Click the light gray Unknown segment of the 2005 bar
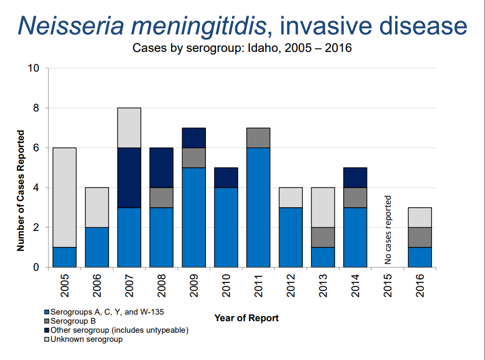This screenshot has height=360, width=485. tap(64, 198)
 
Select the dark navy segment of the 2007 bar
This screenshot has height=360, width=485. tap(129, 177)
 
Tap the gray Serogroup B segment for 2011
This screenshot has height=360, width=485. tap(258, 138)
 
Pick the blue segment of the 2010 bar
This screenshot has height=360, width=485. tap(226, 227)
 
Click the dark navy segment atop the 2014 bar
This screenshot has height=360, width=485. tap(355, 177)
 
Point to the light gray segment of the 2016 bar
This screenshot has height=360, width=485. tap(420, 217)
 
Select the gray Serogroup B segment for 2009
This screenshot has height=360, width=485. tap(194, 158)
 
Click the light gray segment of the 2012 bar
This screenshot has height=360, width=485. tap(291, 198)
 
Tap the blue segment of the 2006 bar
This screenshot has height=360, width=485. tap(97, 247)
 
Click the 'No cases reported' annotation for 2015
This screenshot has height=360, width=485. tap(388, 230)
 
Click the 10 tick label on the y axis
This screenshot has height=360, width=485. tap(33, 68)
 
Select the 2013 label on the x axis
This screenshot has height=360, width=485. tap(323, 285)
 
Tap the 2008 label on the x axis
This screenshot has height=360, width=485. tap(161, 285)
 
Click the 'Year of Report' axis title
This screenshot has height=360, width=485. tap(246, 318)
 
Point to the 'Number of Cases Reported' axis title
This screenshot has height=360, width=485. tap(20, 191)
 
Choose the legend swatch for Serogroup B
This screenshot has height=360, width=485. tap(47, 321)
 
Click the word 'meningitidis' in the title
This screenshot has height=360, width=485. tap(199, 26)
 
